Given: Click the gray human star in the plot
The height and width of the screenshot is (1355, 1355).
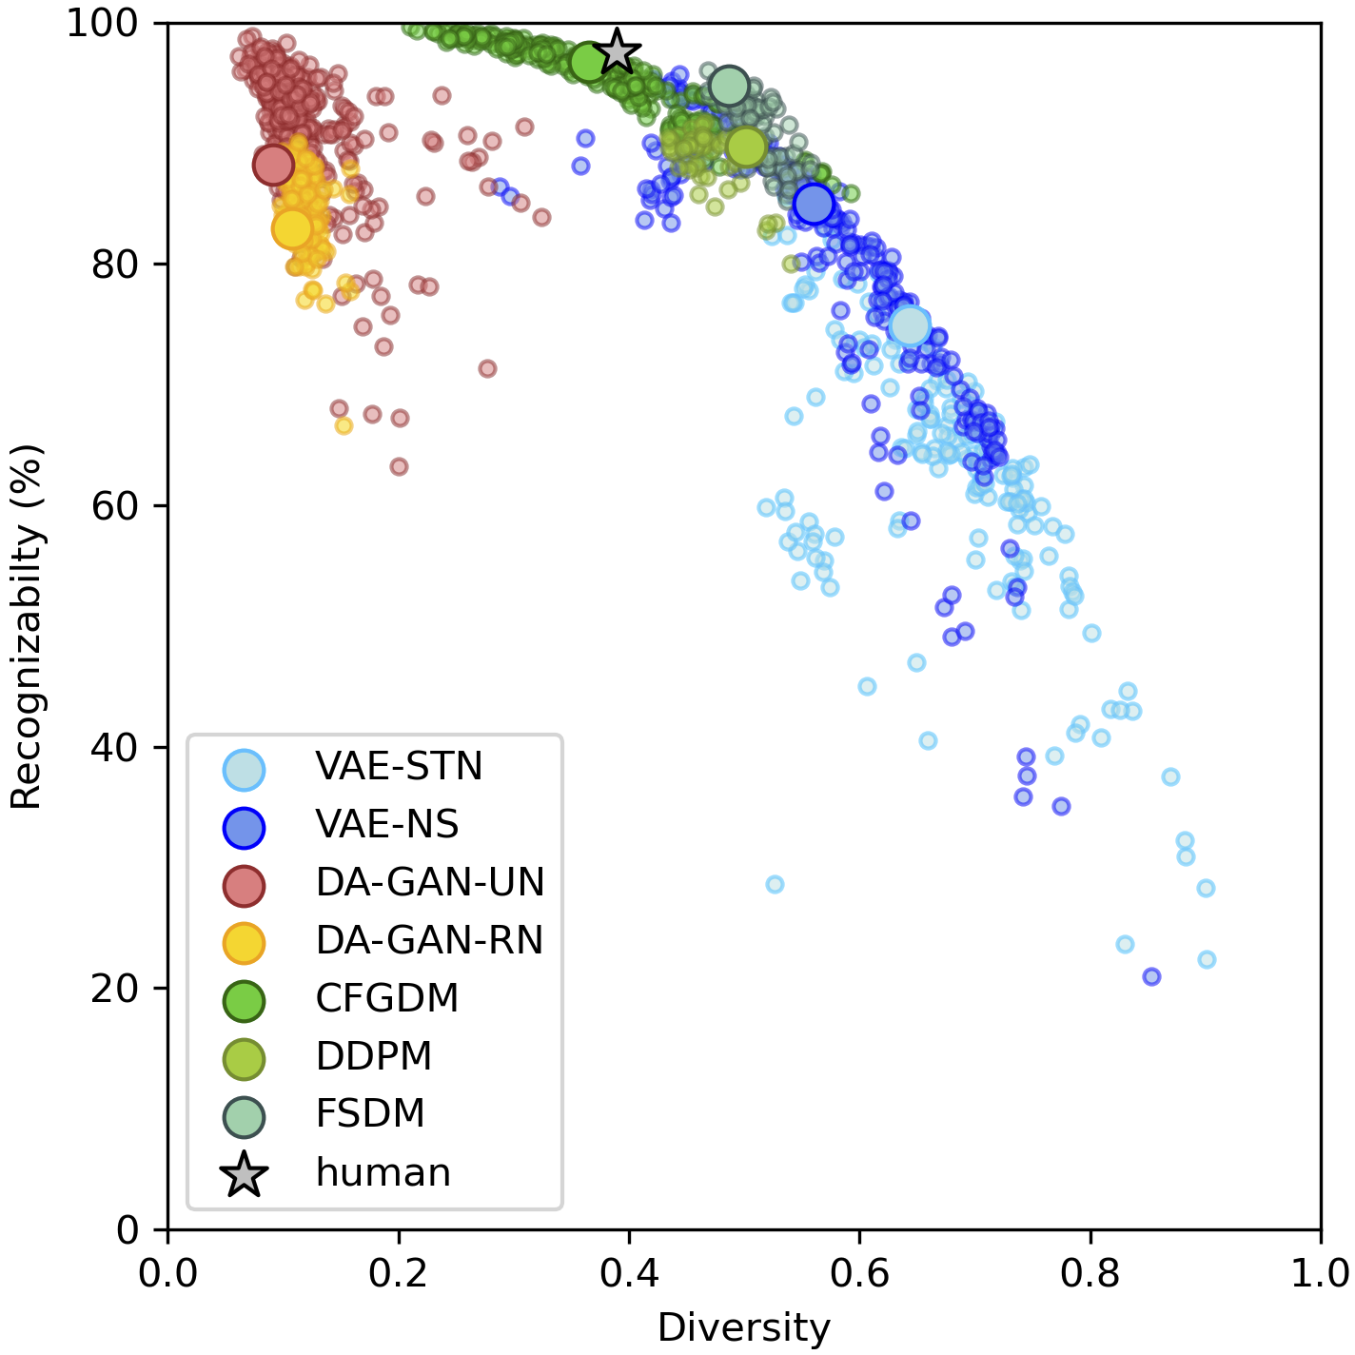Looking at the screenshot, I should [x=618, y=51].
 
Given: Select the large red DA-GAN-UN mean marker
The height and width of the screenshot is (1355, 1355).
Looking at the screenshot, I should [x=273, y=165].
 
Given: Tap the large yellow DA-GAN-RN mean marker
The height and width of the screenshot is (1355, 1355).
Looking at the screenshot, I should [x=292, y=228].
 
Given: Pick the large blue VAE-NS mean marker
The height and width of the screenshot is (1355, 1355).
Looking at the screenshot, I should [x=815, y=204].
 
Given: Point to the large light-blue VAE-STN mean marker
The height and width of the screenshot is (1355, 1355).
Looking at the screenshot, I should [x=911, y=325].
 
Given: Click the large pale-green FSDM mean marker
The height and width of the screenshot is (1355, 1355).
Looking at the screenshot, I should [x=729, y=87].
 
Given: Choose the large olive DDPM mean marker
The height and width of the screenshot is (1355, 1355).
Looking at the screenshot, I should [x=746, y=147].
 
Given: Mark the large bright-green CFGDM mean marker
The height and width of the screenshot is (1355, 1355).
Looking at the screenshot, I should [x=590, y=63].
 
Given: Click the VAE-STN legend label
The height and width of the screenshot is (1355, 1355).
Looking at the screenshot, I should [x=400, y=767].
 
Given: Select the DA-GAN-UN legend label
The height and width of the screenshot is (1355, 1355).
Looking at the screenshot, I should [x=430, y=883].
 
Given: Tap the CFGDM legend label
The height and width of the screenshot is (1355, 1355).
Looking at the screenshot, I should [x=387, y=999].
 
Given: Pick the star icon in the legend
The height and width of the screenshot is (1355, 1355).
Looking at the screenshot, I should [x=244, y=1174].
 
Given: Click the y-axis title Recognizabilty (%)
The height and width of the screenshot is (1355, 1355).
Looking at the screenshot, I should [x=27, y=626].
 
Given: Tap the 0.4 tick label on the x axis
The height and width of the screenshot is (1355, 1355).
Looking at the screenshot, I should [x=629, y=1273].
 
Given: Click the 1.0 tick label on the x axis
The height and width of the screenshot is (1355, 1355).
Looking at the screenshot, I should [x=1320, y=1273].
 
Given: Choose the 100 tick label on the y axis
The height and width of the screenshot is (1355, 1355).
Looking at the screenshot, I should [x=103, y=23].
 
